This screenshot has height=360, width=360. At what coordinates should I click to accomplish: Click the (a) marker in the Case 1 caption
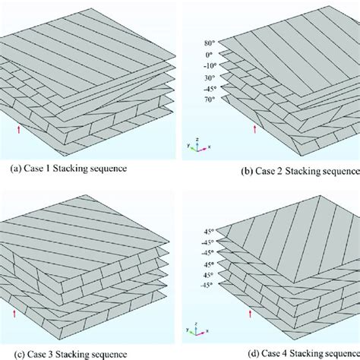click(x=12, y=167)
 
